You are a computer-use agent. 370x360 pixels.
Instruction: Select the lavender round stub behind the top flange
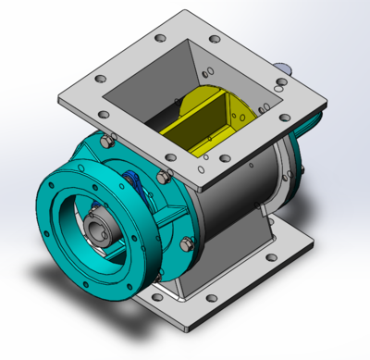(287, 67)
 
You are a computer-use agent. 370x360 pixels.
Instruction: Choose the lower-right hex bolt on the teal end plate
(188, 244)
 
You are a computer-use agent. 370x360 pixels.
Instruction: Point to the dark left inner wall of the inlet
(139, 111)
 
